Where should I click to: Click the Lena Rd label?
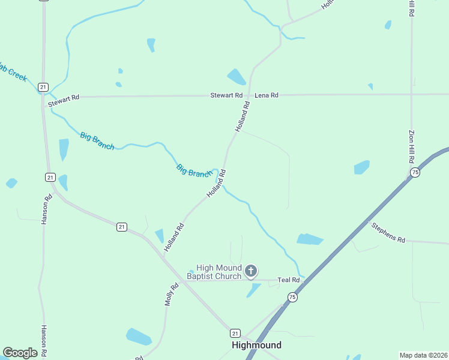pyautogui.click(x=267, y=95)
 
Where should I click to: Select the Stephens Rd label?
pyautogui.click(x=388, y=232)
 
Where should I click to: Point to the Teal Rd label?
pyautogui.click(x=288, y=280)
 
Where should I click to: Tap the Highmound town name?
pyautogui.click(x=256, y=345)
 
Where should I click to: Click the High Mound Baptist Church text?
pyautogui.click(x=214, y=272)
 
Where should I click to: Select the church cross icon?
pyautogui.click(x=251, y=272)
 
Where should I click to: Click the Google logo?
pyautogui.click(x=20, y=353)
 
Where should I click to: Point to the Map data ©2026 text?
pyautogui.click(x=423, y=355)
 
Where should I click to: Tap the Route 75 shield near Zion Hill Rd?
pyautogui.click(x=415, y=172)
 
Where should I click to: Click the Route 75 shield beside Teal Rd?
pyautogui.click(x=292, y=297)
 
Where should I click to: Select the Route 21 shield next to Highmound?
pyautogui.click(x=235, y=333)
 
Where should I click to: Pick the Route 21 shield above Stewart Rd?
pyautogui.click(x=43, y=87)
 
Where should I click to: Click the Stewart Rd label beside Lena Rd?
pyautogui.click(x=226, y=95)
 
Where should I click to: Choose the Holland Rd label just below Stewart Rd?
pyautogui.click(x=242, y=118)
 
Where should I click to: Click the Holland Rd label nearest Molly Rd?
pyautogui.click(x=174, y=237)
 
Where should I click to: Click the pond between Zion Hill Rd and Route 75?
pyautogui.click(x=361, y=167)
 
